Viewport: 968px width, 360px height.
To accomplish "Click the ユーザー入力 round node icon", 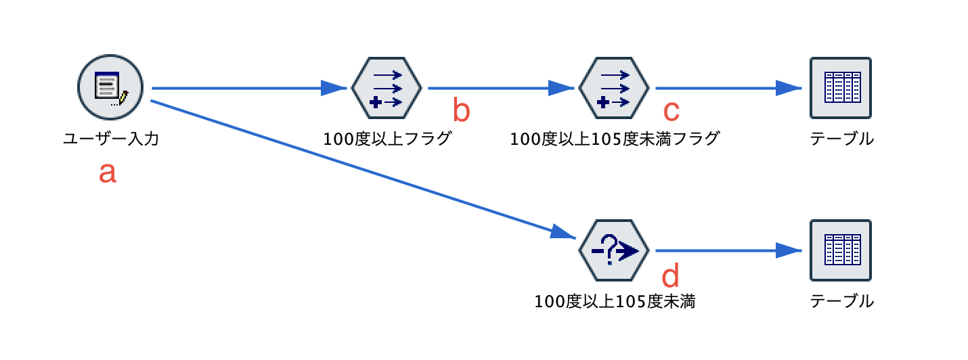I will (x=110, y=87).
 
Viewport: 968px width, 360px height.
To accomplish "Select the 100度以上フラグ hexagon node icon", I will (x=387, y=87).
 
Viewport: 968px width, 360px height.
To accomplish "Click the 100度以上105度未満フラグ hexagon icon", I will (x=614, y=87).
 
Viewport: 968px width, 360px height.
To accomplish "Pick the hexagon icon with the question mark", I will (x=614, y=250).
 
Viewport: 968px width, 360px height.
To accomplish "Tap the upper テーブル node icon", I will (x=841, y=87).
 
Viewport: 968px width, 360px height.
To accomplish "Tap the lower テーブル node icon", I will (x=841, y=250).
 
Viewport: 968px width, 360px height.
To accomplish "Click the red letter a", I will (x=108, y=173).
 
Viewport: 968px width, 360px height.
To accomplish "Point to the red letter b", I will (x=461, y=111).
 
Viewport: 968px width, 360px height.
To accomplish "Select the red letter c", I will (x=670, y=110).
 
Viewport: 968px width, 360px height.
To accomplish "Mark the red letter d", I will (x=670, y=275).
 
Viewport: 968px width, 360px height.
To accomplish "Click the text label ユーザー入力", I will (x=110, y=139).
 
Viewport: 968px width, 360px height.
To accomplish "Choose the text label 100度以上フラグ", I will (x=387, y=139).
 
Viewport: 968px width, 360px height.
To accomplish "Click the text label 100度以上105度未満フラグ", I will (x=614, y=139).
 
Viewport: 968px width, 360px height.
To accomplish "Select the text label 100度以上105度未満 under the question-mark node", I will (x=614, y=302).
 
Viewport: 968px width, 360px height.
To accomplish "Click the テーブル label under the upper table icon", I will (x=841, y=139).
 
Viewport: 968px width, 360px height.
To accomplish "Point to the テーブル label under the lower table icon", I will (x=841, y=302).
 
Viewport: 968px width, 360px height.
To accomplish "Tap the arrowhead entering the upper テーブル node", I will (x=789, y=87).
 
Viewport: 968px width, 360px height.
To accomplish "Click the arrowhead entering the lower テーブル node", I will (x=789, y=250).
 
